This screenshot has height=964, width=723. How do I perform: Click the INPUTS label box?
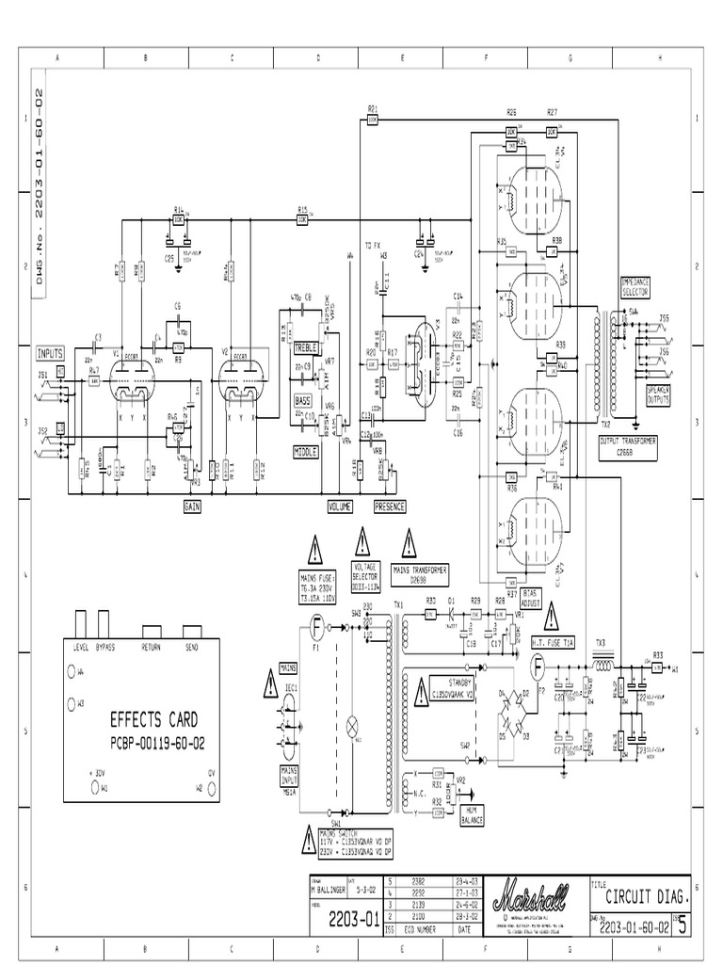pyautogui.click(x=50, y=353)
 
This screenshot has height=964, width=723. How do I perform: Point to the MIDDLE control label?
pyautogui.click(x=305, y=452)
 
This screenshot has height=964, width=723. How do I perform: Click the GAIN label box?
pyautogui.click(x=195, y=506)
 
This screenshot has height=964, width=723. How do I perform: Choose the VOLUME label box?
pyautogui.click(x=339, y=506)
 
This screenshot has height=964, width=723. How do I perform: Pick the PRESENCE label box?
pyautogui.click(x=390, y=506)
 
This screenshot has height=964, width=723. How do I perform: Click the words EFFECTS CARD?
pyautogui.click(x=153, y=721)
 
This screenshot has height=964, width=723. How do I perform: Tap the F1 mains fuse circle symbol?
pyautogui.click(x=317, y=624)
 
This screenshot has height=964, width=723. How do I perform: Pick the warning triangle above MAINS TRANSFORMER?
pyautogui.click(x=410, y=543)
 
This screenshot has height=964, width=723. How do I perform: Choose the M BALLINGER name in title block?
pyautogui.click(x=328, y=890)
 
